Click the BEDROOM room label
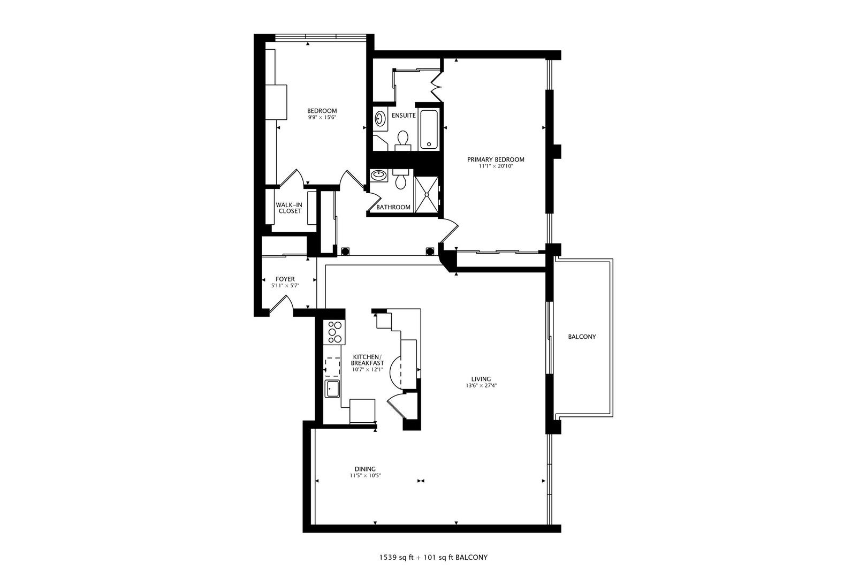pos(322,111)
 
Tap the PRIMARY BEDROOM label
pos(495,159)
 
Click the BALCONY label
pos(581,337)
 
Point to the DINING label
pos(365,469)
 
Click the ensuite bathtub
pos(429,130)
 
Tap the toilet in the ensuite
pos(402,139)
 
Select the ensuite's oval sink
pos(380,118)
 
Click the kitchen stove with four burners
pos(335,331)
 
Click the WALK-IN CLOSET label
pos(290,208)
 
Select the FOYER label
pos(285,279)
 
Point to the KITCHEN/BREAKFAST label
pos(367,360)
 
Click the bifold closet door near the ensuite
pos(436,86)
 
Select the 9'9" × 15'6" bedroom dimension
pos(322,117)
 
